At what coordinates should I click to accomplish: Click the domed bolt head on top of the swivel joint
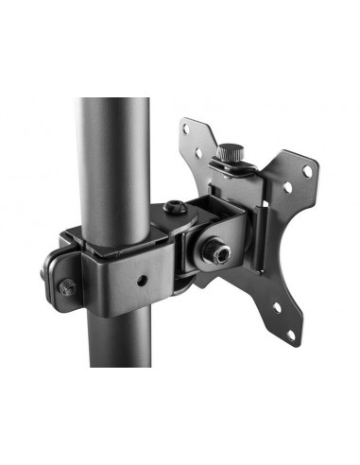176,211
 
